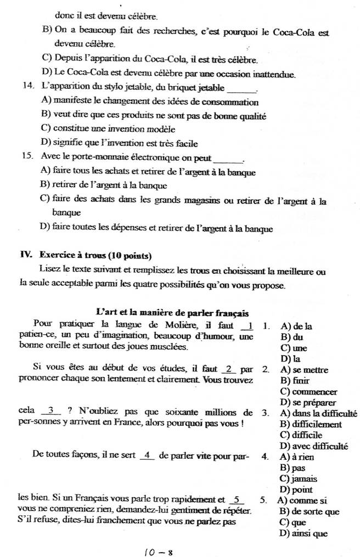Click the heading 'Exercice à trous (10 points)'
click(x=86, y=255)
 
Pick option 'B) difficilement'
click(x=310, y=424)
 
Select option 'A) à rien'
click(x=295, y=457)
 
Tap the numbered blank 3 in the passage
click(x=51, y=412)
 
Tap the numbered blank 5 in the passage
click(x=237, y=500)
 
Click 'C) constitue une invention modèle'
click(x=108, y=130)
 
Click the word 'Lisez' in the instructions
click(x=49, y=271)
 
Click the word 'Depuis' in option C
click(x=67, y=59)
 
